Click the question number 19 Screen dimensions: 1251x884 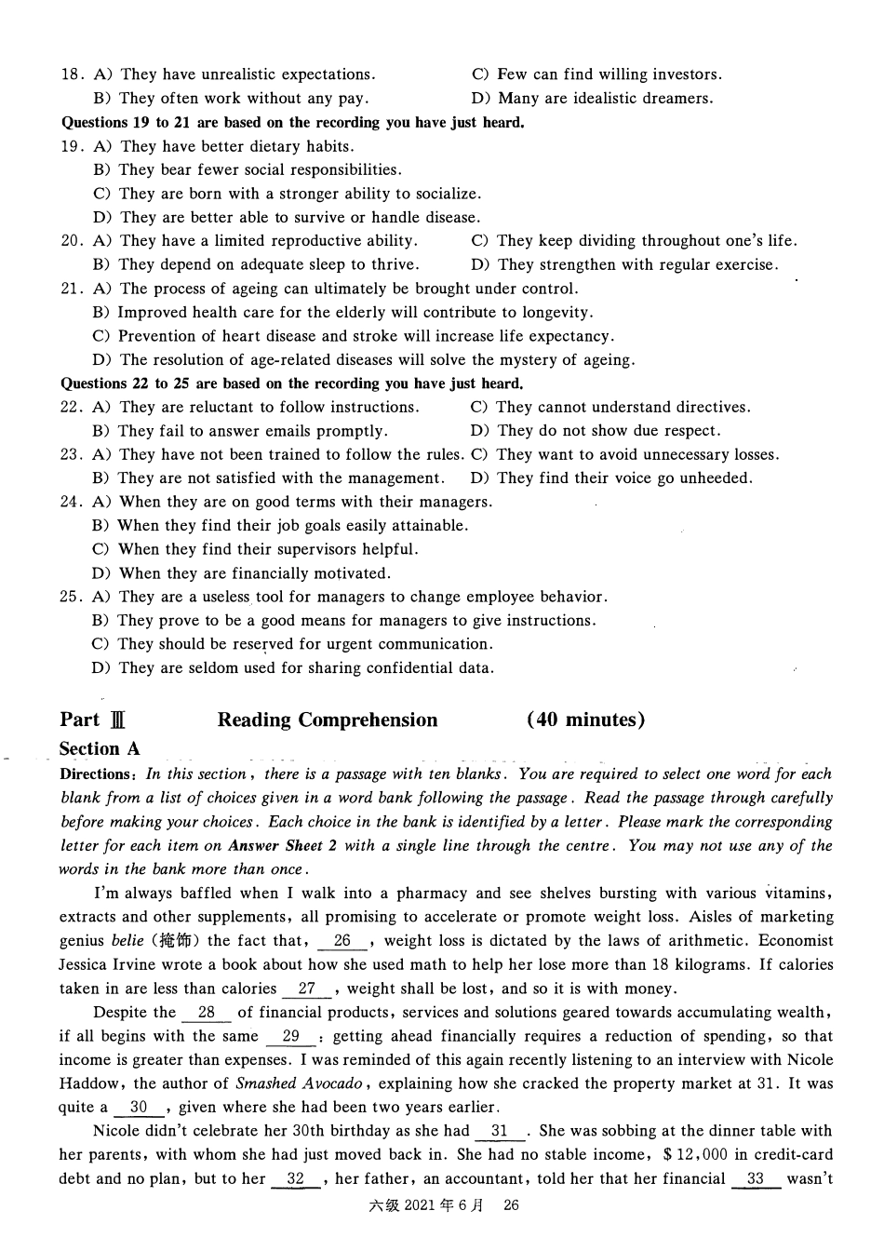72,146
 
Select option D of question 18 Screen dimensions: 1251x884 592,99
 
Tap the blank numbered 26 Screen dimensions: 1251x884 343,941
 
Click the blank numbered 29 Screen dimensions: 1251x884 291,1036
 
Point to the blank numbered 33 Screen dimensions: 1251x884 756,1178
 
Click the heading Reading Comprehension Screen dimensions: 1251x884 328,720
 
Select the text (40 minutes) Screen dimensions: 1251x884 585,720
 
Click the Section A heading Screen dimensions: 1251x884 100,749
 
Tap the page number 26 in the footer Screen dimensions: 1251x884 510,1205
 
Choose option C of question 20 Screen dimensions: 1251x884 633,241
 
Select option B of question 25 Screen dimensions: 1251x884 344,621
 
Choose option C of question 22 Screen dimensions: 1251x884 610,408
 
